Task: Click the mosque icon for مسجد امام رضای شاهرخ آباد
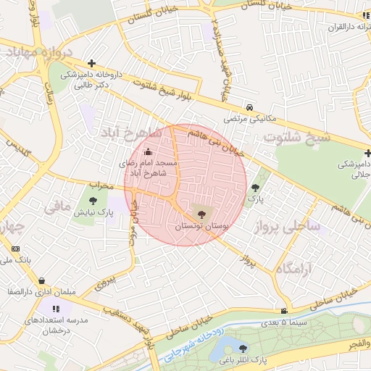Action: (149, 152)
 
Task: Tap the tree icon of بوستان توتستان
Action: (201, 214)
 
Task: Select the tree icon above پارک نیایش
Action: (93, 201)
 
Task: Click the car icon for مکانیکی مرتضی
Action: (249, 106)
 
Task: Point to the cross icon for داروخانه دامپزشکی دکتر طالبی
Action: (91, 63)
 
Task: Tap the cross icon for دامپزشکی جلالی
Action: (367, 154)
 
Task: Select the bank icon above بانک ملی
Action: (15, 248)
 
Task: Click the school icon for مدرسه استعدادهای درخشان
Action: (56, 309)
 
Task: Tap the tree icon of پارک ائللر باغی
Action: (242, 349)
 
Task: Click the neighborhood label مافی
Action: (57, 207)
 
